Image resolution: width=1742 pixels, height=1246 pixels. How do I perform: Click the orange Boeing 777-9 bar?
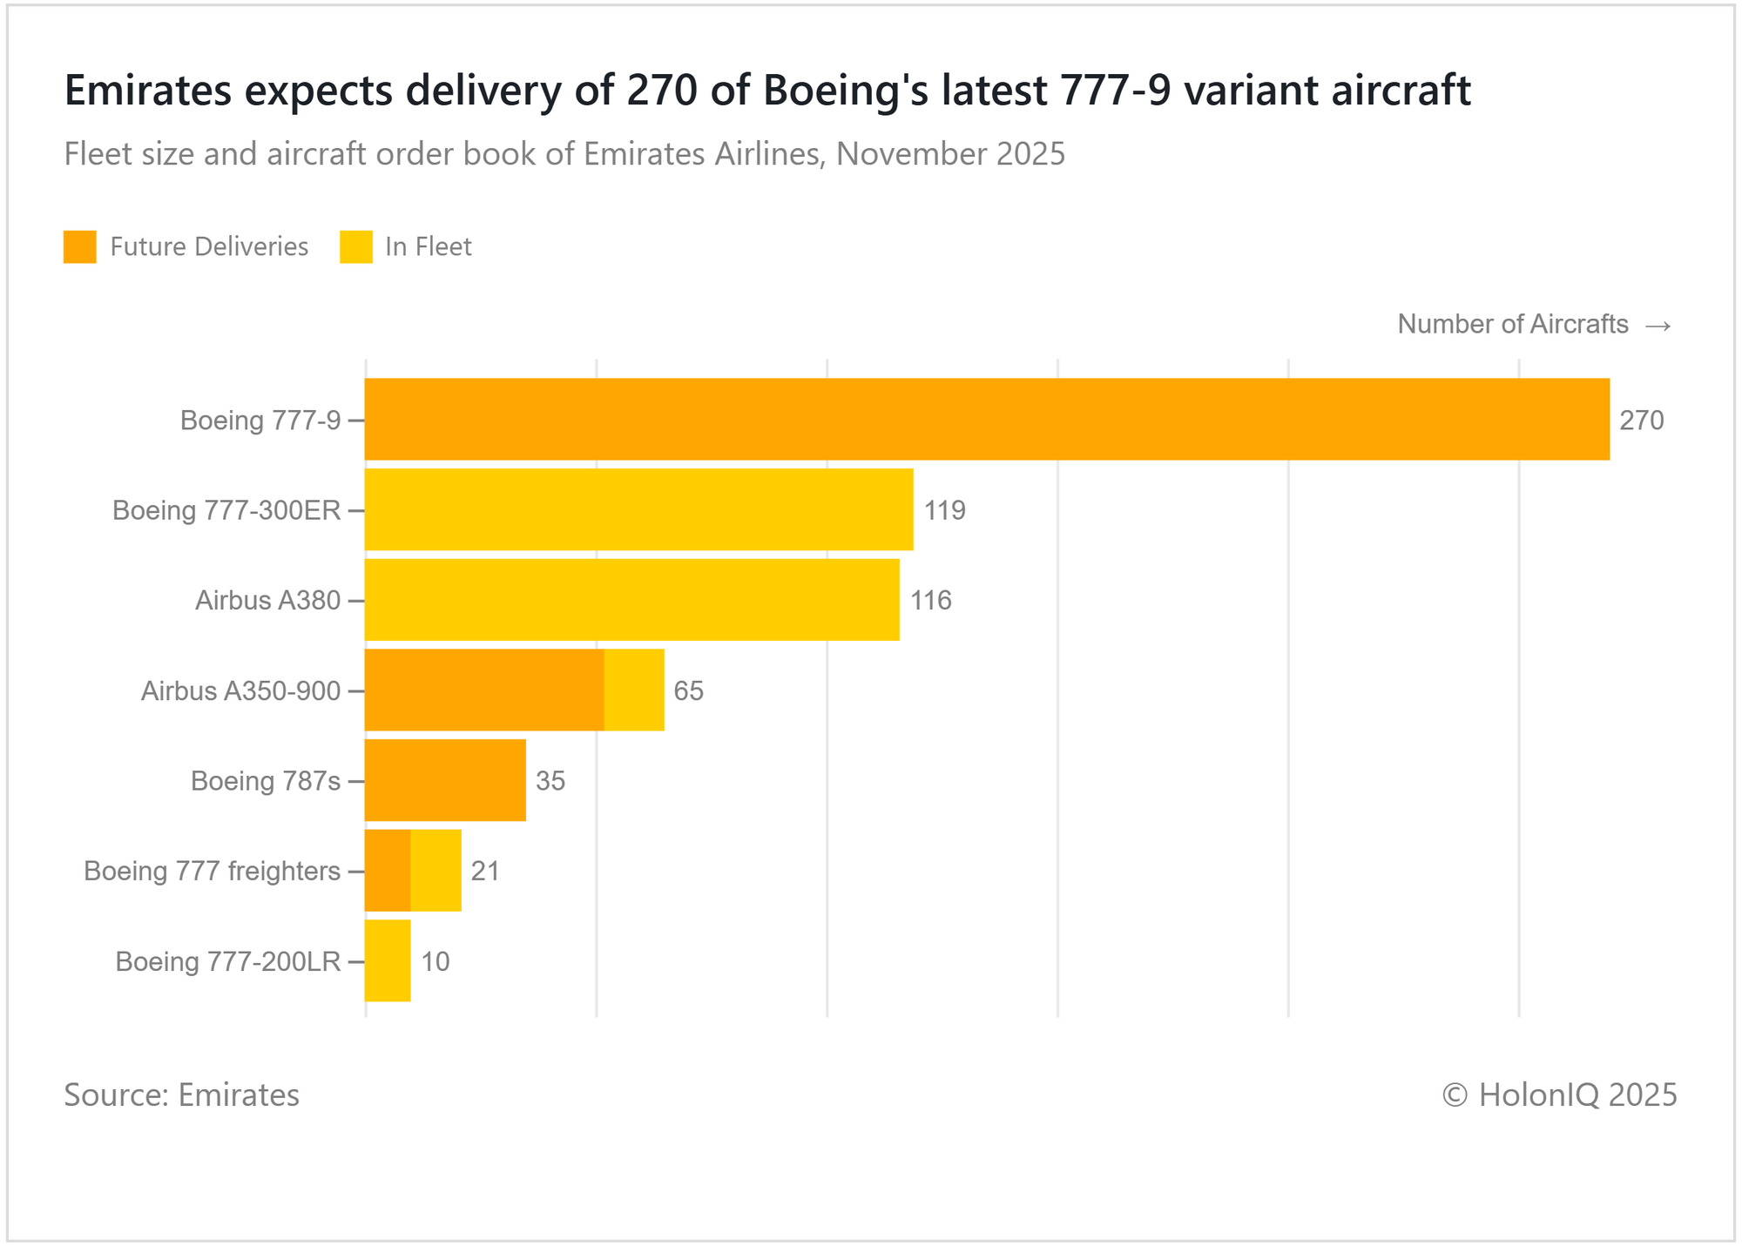986,419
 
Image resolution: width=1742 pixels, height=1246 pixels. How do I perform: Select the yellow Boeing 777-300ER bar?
638,509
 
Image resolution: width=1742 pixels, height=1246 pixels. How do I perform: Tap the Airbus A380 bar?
631,600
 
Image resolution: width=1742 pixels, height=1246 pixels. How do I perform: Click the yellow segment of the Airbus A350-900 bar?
634,690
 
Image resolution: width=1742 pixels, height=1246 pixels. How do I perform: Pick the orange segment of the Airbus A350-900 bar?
483,690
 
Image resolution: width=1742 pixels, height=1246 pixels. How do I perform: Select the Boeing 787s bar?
445,780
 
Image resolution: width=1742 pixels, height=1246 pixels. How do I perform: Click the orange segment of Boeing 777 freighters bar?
388,871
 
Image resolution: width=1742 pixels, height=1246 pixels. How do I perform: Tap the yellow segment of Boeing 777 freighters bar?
435,871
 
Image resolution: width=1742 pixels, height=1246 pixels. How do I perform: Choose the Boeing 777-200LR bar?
388,961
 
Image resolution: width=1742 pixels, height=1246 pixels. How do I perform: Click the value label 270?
1642,421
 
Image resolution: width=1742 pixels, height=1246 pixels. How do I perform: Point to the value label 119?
945,510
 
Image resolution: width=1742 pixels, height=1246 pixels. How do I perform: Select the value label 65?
689,691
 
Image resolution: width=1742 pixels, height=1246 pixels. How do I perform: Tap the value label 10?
435,962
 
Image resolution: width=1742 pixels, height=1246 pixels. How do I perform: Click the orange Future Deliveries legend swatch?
79,246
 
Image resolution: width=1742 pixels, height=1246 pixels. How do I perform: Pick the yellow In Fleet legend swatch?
355,246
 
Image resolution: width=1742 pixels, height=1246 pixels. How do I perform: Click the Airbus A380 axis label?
267,601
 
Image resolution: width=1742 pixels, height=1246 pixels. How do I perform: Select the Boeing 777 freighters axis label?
212,871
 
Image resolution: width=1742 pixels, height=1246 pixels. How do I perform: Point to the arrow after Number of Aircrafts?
1658,326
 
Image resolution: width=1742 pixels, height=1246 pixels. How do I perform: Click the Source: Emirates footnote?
181,1094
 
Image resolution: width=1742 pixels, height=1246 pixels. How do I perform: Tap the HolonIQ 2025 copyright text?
1559,1094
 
